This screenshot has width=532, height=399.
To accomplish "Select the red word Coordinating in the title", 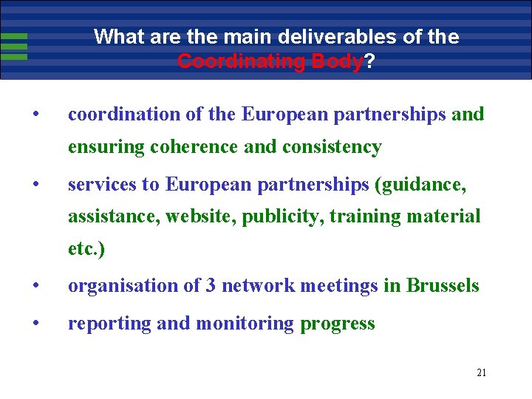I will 242,61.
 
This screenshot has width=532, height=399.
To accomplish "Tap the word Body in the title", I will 337,61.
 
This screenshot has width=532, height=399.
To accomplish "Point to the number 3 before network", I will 211,285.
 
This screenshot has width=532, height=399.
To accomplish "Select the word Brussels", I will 443,285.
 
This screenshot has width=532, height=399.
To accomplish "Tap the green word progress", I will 338,324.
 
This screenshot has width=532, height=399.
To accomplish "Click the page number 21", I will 481,372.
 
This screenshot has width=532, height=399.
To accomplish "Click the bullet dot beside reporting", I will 35,324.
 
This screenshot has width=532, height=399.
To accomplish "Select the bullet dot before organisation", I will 35,285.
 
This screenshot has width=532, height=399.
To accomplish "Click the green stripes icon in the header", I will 14,46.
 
